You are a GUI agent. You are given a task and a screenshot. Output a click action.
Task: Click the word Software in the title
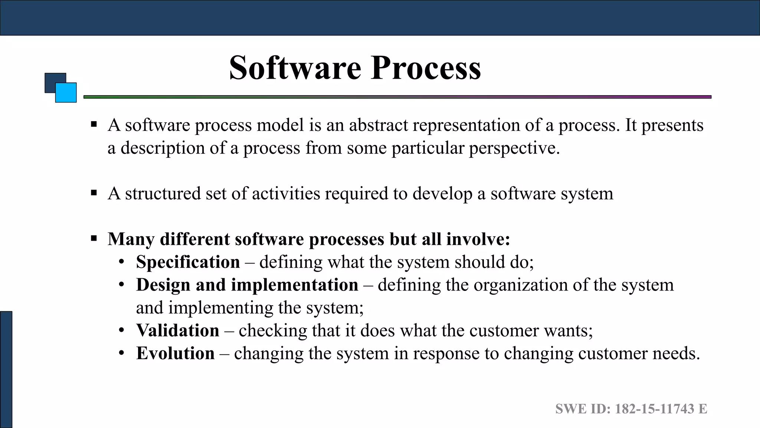[295, 68]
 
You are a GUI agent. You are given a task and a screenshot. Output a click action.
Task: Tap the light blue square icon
[66, 93]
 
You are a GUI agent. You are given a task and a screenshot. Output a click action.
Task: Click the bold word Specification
[188, 262]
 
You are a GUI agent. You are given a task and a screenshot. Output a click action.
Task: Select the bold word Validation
[177, 331]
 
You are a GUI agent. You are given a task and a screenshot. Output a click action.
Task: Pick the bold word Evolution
[175, 353]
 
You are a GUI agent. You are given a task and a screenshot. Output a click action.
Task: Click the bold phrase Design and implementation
[247, 285]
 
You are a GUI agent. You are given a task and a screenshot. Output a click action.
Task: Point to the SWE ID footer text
[631, 409]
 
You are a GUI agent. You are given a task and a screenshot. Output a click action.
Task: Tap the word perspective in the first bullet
[514, 148]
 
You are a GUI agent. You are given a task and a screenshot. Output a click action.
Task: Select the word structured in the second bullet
[163, 194]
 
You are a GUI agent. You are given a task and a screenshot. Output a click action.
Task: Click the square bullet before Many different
[94, 238]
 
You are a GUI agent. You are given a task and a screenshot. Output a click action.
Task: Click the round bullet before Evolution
[121, 353]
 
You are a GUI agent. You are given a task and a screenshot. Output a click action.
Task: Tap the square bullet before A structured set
[94, 193]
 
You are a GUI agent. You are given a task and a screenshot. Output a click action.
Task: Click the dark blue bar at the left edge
[6, 369]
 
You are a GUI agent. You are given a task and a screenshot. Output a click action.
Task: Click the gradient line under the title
[397, 97]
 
